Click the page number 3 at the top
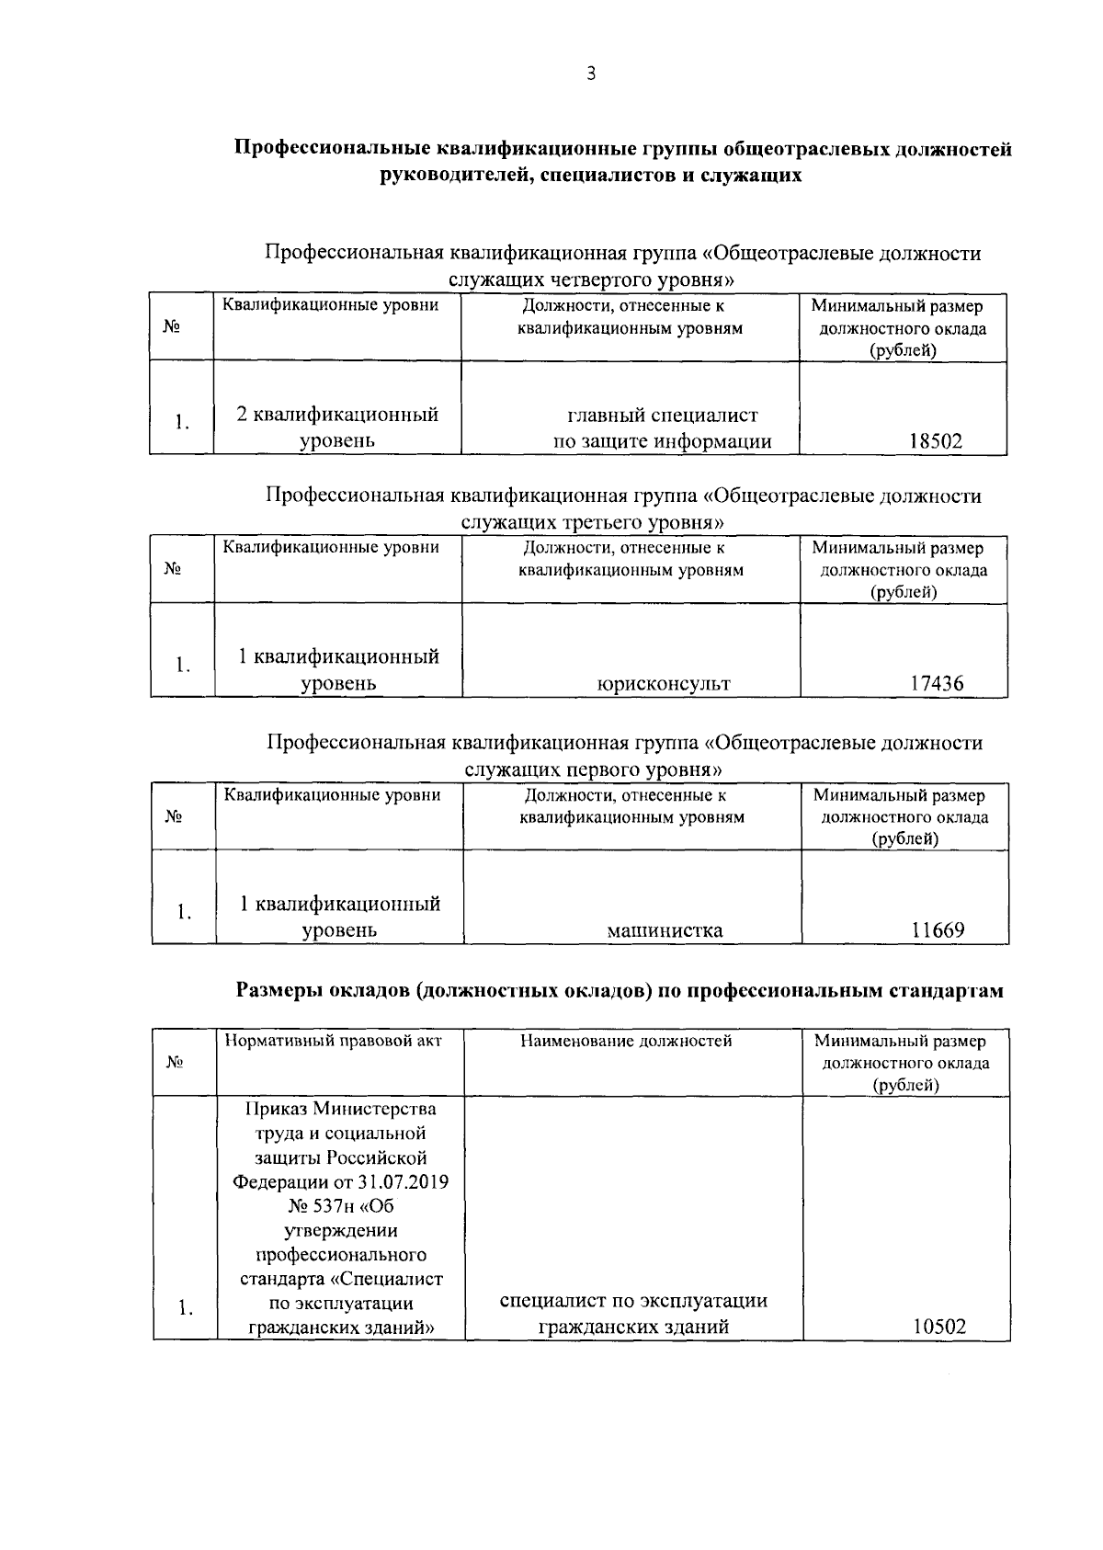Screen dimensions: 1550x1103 pyautogui.click(x=591, y=74)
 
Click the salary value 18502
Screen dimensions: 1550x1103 pyautogui.click(x=935, y=441)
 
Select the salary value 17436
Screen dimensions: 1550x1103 pyautogui.click(x=937, y=684)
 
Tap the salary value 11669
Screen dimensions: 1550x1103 pyautogui.click(x=938, y=930)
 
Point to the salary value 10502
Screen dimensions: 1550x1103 pyautogui.click(x=939, y=1328)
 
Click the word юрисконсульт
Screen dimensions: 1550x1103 pyautogui.click(x=664, y=684)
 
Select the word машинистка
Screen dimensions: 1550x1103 pyautogui.click(x=665, y=930)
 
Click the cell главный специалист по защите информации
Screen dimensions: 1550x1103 pyautogui.click(x=662, y=428)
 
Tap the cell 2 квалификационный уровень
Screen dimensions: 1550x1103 pyautogui.click(x=337, y=427)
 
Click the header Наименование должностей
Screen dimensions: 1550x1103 pyautogui.click(x=626, y=1041)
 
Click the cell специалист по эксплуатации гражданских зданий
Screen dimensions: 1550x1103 pyautogui.click(x=633, y=1314)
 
